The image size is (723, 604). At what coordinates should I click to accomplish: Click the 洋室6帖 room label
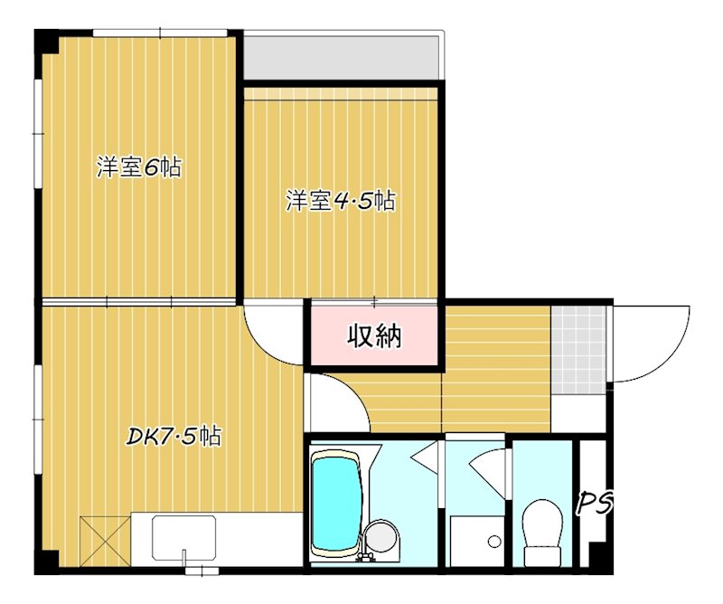[x=139, y=167]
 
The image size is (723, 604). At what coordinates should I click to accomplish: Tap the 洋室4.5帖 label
[x=341, y=201]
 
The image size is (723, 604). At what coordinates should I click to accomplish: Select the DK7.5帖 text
[x=173, y=437]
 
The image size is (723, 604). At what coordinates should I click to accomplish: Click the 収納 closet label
[x=374, y=336]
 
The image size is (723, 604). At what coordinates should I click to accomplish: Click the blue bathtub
[x=336, y=505]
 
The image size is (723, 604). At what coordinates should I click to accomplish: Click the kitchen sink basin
[x=183, y=537]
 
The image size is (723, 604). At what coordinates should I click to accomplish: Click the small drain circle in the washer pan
[x=494, y=542]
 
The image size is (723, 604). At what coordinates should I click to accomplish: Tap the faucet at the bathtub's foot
[x=368, y=549]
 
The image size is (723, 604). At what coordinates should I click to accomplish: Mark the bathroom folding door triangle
[x=424, y=459]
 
